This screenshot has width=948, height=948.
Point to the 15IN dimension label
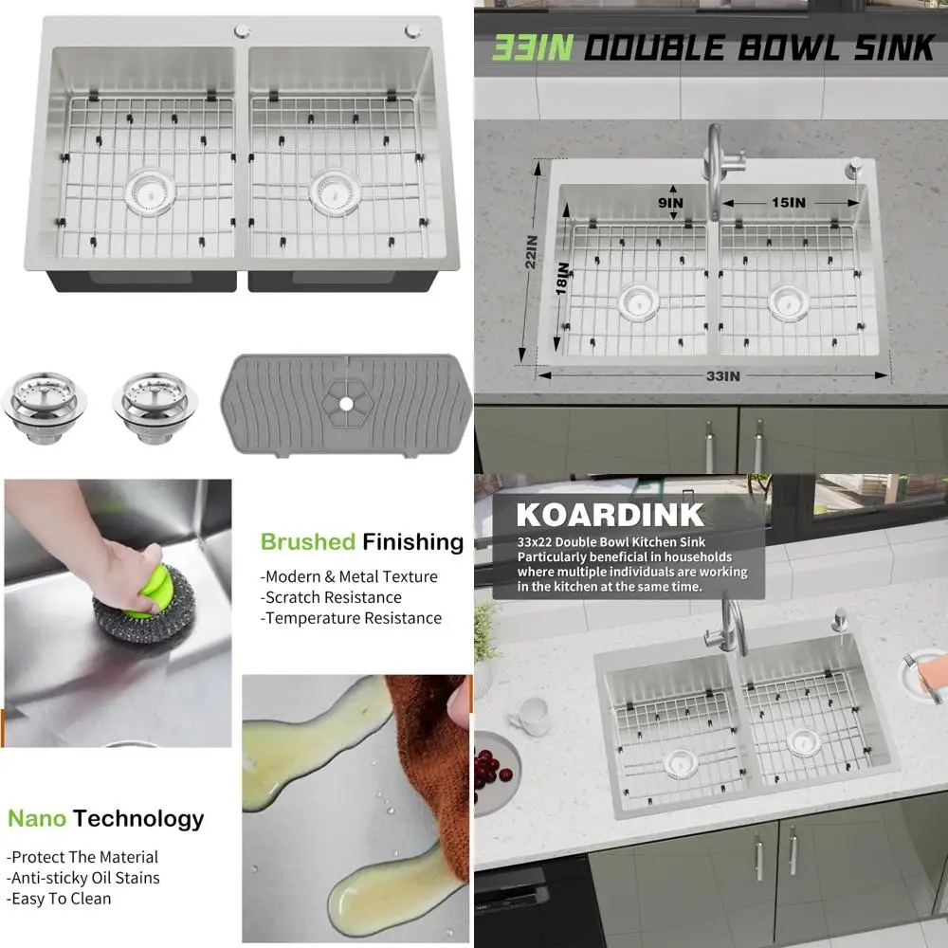pos(788,203)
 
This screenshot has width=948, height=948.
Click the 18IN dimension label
pos(563,281)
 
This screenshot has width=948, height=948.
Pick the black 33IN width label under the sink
pos(722,376)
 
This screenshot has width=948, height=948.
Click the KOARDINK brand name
pos(610,515)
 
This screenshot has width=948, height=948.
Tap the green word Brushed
pos(308,542)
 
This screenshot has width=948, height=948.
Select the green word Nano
pos(36,818)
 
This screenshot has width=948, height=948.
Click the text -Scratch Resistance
pos(331,597)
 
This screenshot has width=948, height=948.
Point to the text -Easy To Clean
pos(60,899)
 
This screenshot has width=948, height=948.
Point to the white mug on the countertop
pos(533,716)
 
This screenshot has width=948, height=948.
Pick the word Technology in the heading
pos(138,818)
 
